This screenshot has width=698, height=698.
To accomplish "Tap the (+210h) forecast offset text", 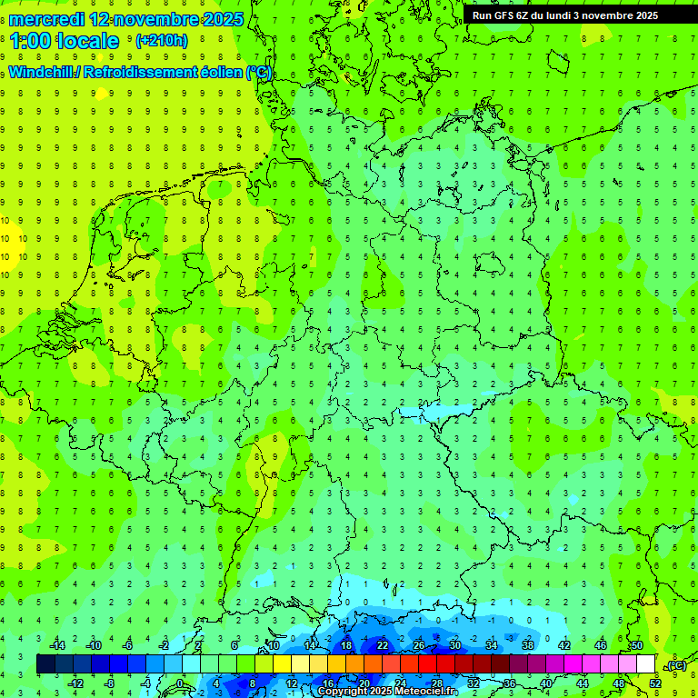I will coord(161,40).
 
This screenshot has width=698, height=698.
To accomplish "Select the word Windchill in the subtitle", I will coord(44,73).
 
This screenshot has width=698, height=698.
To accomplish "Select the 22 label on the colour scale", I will coord(382,644).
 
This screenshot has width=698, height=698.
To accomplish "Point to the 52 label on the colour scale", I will coord(655,683).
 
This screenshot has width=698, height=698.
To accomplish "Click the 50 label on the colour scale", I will coord(636,644).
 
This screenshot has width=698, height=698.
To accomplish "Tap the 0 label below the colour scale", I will coord(181,683).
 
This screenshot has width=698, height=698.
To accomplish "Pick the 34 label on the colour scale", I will coord(491,644).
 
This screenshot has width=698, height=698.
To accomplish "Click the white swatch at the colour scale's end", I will coord(646,664).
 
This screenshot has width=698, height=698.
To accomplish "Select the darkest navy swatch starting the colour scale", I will coord(45,664).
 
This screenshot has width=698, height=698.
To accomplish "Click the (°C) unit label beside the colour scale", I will coord(676,665).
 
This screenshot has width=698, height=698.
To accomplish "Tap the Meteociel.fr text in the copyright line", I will coord(426,692).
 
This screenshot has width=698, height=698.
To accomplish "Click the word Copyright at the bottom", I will coord(343,692).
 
